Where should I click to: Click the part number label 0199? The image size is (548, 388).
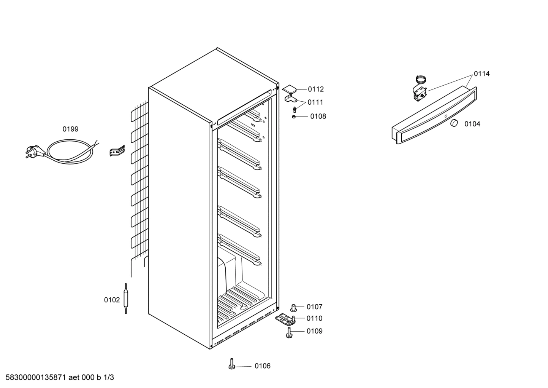coord(70,129)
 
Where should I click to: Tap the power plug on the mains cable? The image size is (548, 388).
coord(33,152)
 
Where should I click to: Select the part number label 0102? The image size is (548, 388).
coord(112,300)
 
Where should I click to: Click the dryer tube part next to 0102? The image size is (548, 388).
coord(126,299)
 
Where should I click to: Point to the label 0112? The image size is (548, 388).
coord(316,89)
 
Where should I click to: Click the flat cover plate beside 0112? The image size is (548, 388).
coord(289,89)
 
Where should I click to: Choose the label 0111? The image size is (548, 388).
coord(315,102)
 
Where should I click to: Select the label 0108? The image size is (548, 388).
coord(318,117)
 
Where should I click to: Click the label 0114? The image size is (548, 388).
coord(481,74)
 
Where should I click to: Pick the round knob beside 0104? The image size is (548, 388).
coord(453,123)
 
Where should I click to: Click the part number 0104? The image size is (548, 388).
coord(472,124)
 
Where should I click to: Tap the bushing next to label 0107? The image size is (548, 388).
coord(293,307)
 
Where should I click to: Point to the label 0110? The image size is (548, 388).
coord(314,318)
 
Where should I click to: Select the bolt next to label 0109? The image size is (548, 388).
coord(289,332)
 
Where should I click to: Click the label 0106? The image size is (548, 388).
coord(263,366)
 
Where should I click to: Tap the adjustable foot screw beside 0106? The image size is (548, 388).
coord(231,364)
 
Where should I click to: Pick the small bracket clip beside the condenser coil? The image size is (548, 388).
coord(117,151)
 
